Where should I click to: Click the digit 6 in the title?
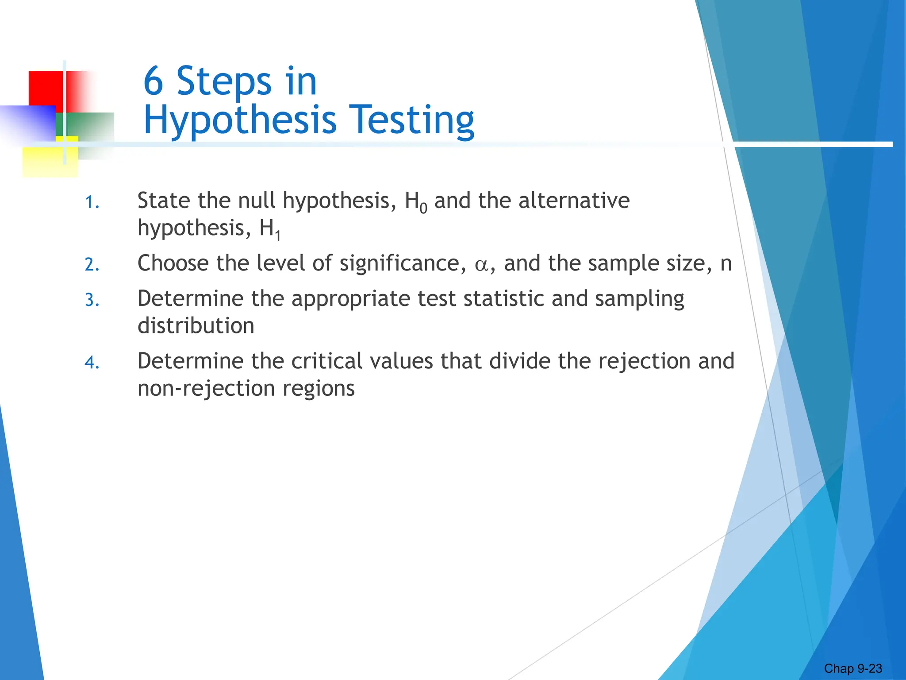click(153, 81)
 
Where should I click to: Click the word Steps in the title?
click(224, 82)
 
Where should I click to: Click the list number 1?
click(92, 203)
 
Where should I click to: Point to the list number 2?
click(92, 265)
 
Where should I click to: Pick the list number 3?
click(92, 301)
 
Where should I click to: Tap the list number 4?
click(92, 363)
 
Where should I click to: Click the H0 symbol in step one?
click(416, 202)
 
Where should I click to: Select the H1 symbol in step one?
click(270, 230)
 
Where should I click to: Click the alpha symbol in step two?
click(481, 265)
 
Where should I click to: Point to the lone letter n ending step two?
click(726, 264)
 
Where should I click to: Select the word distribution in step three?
click(196, 326)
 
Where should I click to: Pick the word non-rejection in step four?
click(206, 388)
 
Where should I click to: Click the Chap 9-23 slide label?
click(853, 668)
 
